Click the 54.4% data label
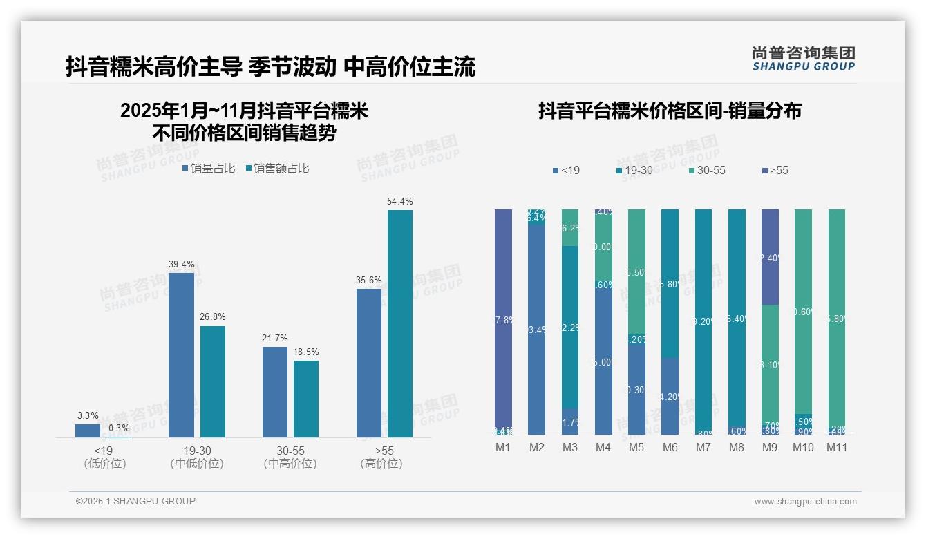[400, 202]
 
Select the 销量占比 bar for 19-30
[181, 354]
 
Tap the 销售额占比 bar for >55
[400, 323]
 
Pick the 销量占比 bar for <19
[88, 431]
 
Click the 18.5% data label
[306, 352]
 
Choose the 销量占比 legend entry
[209, 169]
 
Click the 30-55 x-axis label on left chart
[290, 451]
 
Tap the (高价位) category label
[381, 464]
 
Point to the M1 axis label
[503, 447]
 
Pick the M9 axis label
[770, 447]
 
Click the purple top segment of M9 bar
[770, 256]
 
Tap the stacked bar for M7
[703, 321]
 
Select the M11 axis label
[837, 447]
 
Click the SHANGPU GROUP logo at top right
[803, 59]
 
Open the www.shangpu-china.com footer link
[805, 502]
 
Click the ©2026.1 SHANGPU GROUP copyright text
[135, 501]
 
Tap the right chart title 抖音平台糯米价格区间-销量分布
[670, 111]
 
